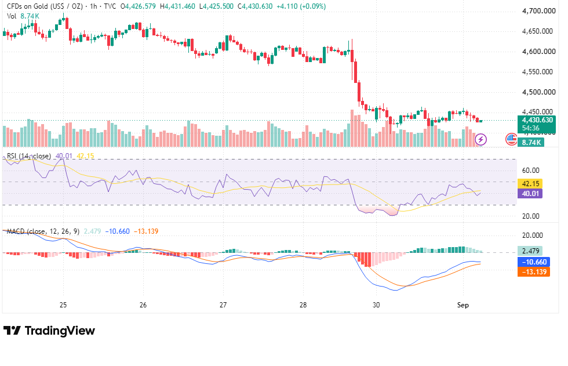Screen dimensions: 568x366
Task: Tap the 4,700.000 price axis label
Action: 538,11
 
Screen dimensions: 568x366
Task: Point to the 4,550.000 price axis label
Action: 538,72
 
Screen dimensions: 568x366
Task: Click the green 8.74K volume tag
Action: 531,143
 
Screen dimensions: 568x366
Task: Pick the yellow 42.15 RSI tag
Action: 530,184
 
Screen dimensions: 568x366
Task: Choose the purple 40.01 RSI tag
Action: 530,194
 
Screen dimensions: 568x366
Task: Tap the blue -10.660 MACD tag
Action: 534,262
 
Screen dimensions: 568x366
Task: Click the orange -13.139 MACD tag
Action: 534,272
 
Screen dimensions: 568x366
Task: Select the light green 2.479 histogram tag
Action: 530,251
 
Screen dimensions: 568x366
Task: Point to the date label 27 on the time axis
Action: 223,305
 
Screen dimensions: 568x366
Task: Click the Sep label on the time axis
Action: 463,305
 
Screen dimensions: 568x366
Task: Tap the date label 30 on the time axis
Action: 376,305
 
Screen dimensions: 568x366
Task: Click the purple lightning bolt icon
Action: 480,139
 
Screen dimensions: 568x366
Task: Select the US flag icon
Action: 511,139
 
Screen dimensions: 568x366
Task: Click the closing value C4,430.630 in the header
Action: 255,6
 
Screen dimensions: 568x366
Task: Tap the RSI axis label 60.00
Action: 531,171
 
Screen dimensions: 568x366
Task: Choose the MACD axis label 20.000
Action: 533,235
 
